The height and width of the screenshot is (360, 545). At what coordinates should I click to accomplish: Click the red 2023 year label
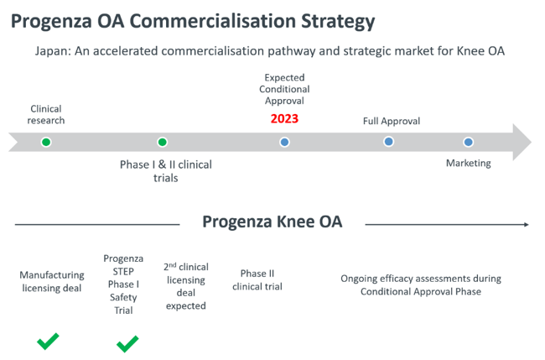[x=284, y=118]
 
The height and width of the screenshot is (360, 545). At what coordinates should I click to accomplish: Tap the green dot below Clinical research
[x=46, y=142]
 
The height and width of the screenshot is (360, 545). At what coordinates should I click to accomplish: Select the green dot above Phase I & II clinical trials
[x=163, y=142]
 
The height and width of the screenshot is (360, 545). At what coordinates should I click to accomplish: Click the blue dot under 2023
[x=285, y=142]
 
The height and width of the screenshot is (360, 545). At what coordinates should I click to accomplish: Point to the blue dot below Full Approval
[x=388, y=142]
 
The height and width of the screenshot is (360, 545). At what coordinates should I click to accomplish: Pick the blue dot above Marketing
[x=468, y=142]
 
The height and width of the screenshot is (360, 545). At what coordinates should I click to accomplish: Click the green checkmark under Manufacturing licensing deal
[x=48, y=342]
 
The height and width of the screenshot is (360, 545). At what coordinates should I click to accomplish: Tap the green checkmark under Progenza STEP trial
[x=127, y=344]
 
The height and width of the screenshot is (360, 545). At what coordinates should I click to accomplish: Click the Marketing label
[x=468, y=163]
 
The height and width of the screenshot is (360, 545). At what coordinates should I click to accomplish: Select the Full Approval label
[x=392, y=121]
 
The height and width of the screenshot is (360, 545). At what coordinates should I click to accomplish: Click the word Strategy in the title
[x=338, y=22]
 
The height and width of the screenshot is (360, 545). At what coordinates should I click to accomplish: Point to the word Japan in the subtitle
[x=53, y=51]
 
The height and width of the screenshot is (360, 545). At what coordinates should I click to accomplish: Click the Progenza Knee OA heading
[x=272, y=222]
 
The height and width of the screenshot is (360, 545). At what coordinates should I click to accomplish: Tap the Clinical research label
[x=46, y=114]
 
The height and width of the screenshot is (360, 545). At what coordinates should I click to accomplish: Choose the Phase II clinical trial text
[x=257, y=280]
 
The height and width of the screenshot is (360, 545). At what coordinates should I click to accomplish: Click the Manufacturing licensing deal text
[x=52, y=281]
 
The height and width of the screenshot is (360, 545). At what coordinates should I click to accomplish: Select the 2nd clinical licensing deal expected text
[x=186, y=286]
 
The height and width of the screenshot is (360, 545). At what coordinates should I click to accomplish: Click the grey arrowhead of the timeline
[x=522, y=142]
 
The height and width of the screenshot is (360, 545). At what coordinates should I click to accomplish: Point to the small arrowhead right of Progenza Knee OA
[x=527, y=225]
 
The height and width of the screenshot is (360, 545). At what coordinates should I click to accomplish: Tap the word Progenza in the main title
[x=51, y=22]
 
